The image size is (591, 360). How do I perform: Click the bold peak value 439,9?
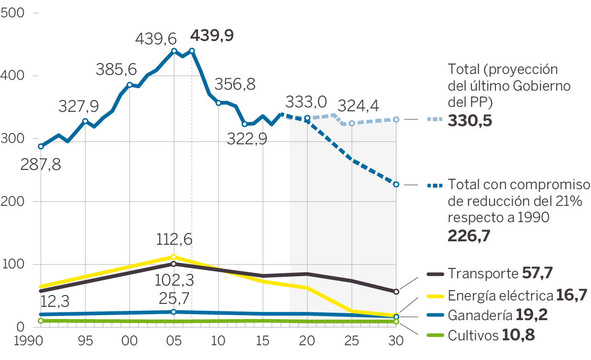[x=212, y=35]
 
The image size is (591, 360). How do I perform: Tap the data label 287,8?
[x=41, y=164]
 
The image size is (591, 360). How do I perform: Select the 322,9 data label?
[x=247, y=139]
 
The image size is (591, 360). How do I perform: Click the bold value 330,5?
[x=470, y=121]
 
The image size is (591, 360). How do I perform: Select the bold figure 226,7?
[x=469, y=236]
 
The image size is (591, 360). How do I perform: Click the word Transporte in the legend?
[x=481, y=274]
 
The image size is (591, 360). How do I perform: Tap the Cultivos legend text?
[x=473, y=336]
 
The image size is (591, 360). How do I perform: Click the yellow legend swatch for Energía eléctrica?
[x=434, y=295]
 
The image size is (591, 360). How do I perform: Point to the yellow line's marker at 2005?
[x=173, y=257]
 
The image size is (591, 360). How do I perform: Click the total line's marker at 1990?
[x=41, y=146]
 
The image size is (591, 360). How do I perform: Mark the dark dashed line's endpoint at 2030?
[x=396, y=184]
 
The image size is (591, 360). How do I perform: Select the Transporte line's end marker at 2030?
[x=396, y=292]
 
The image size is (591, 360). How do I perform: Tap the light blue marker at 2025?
[x=352, y=123]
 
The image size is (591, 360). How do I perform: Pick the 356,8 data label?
[x=235, y=85]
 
